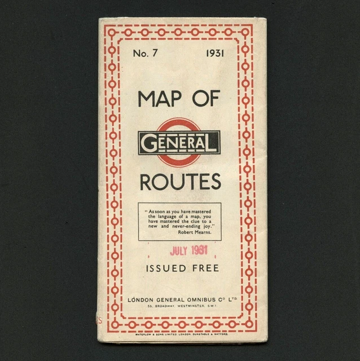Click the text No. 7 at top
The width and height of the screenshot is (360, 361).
click(144, 54)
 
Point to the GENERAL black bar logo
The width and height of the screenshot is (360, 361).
click(179, 142)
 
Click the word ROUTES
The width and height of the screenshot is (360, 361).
click(179, 182)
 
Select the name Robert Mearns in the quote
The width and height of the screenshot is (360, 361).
click(195, 232)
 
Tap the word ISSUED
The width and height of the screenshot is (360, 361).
click(163, 268)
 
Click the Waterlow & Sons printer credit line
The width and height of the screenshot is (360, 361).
click(179, 333)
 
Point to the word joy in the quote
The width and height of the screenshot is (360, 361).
click(213, 226)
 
